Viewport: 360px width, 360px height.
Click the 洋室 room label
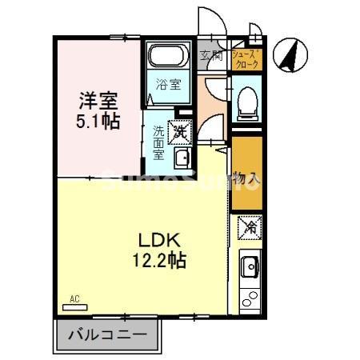(x=98, y=102)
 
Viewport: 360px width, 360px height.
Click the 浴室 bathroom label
(x=168, y=82)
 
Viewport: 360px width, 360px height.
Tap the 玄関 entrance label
(x=211, y=55)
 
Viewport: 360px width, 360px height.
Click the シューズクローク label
(x=245, y=56)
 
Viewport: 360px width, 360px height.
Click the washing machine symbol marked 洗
(x=181, y=129)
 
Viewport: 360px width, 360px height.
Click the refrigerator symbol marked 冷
(x=247, y=228)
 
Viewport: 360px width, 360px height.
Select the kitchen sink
(x=248, y=264)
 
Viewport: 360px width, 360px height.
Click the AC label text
(x=74, y=299)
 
